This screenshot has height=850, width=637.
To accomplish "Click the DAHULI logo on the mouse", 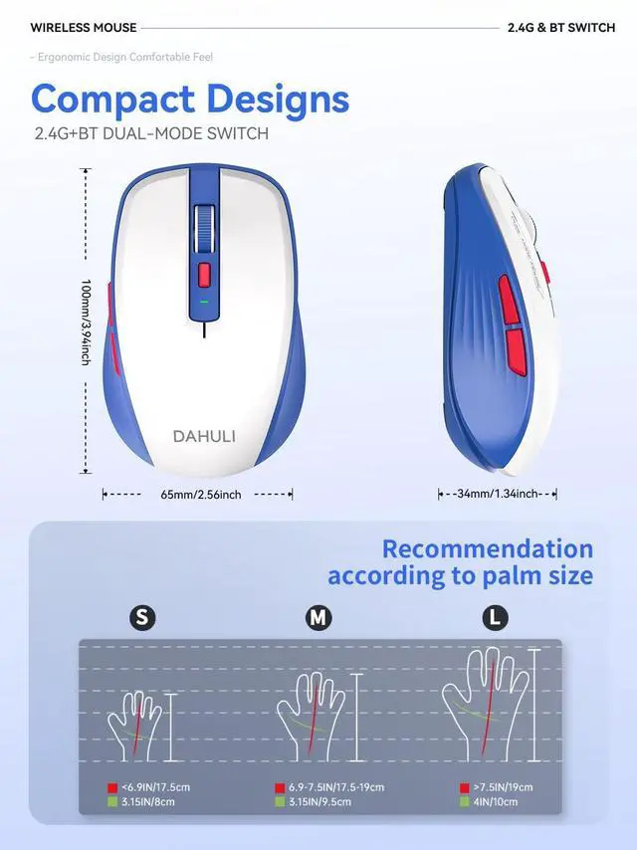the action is pos(203,436).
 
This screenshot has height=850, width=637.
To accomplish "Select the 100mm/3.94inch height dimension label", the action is pos(87,321).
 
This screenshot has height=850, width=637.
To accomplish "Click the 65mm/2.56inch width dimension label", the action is pos(200,495).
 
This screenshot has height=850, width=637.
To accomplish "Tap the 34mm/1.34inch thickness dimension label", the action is pos(498,494).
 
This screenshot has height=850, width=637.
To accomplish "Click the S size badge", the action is pos(142,618).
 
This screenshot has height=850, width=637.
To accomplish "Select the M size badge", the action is pos(318,618).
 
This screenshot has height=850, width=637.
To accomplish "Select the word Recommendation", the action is pos(487,548).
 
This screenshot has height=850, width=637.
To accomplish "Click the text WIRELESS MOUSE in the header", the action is pos(84,28).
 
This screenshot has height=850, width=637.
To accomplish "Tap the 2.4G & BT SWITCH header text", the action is pos(561,28).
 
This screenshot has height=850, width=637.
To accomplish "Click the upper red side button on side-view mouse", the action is pos(506,299).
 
